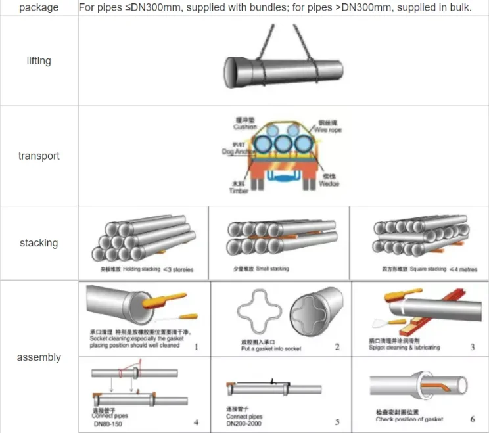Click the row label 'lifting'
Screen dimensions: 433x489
[x=39, y=61]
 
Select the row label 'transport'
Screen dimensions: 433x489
[x=39, y=156]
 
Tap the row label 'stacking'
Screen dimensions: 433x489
[x=39, y=243]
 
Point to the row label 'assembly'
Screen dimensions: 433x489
[x=39, y=357]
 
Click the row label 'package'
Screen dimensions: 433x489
[x=39, y=8]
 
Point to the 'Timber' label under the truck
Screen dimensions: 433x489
[x=239, y=191]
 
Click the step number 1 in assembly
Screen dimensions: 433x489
[x=196, y=346]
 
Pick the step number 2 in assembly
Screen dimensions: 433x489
[x=337, y=347]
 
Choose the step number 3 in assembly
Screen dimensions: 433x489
[x=472, y=347]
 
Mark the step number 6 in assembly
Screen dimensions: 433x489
[x=473, y=419]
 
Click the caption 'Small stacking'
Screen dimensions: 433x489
[x=270, y=269]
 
